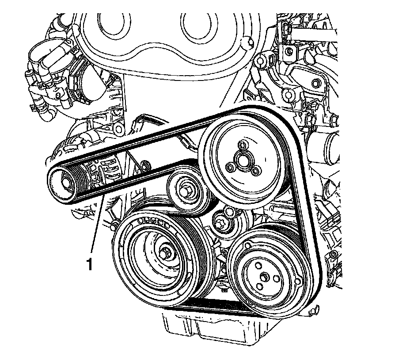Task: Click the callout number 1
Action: [x=89, y=264]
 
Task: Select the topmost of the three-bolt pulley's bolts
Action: [x=241, y=145]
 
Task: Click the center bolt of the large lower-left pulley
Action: [x=166, y=252]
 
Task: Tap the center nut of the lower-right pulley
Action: [x=264, y=277]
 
